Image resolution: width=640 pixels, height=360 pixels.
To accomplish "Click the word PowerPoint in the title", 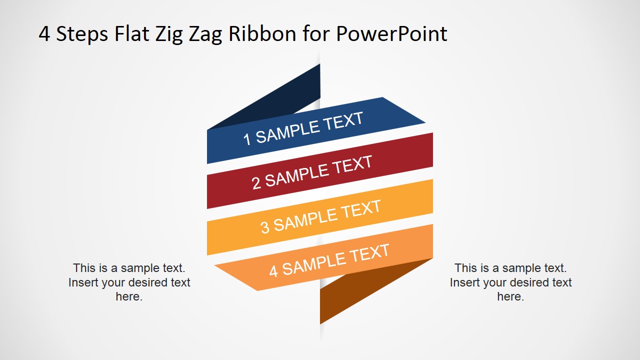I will [x=391, y=34].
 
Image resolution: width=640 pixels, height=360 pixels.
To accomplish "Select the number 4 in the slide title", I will [x=44, y=34].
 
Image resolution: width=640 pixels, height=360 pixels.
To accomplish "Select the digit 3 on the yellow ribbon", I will [x=265, y=227].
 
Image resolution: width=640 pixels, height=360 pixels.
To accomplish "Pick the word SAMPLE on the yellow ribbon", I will [x=305, y=219].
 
